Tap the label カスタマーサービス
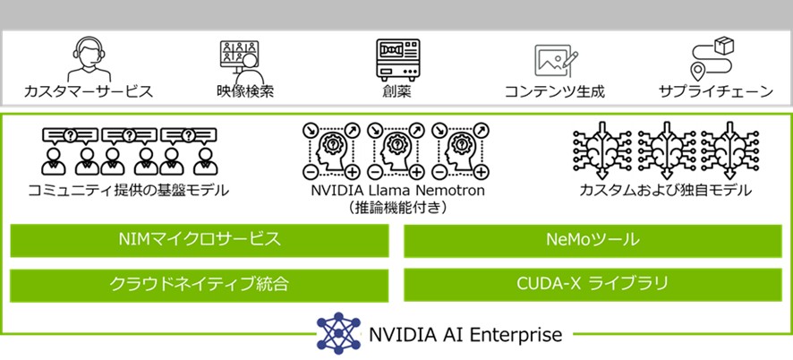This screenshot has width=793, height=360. coord(88,91)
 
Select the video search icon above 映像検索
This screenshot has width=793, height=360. coord(242,60)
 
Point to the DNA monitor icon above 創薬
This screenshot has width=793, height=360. coord(396,60)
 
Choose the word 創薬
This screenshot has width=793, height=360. coord(396,91)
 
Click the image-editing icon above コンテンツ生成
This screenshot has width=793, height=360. coord(553,61)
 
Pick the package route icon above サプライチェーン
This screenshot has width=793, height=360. coord(711,59)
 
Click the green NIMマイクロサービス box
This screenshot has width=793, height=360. coord(200,240)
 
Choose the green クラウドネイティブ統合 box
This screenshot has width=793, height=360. coord(200,285)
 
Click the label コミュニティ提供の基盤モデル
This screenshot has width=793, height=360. coord(128,190)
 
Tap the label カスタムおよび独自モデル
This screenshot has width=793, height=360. coord(664,190)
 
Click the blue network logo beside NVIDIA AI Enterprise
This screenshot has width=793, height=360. coord(337,334)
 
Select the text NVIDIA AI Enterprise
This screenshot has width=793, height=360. coord(465,335)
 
